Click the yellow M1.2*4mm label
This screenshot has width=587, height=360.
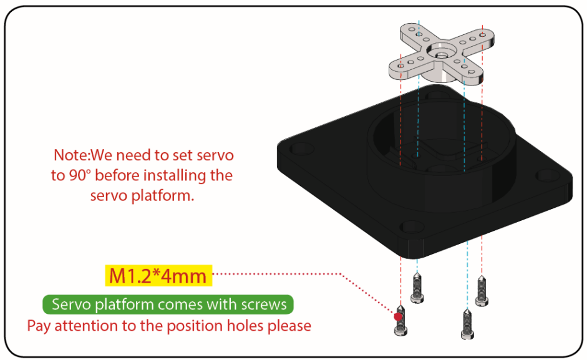pyautogui.click(x=158, y=276)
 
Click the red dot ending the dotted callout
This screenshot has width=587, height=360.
pyautogui.click(x=398, y=316)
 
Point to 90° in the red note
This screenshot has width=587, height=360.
pyautogui.click(x=80, y=175)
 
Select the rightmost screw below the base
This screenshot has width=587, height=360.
pyautogui.click(x=482, y=291)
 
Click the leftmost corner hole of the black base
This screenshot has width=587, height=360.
pyautogui.click(x=302, y=148)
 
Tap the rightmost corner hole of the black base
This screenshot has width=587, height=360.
pyautogui.click(x=548, y=176)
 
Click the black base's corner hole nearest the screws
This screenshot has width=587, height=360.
pyautogui.click(x=412, y=226)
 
